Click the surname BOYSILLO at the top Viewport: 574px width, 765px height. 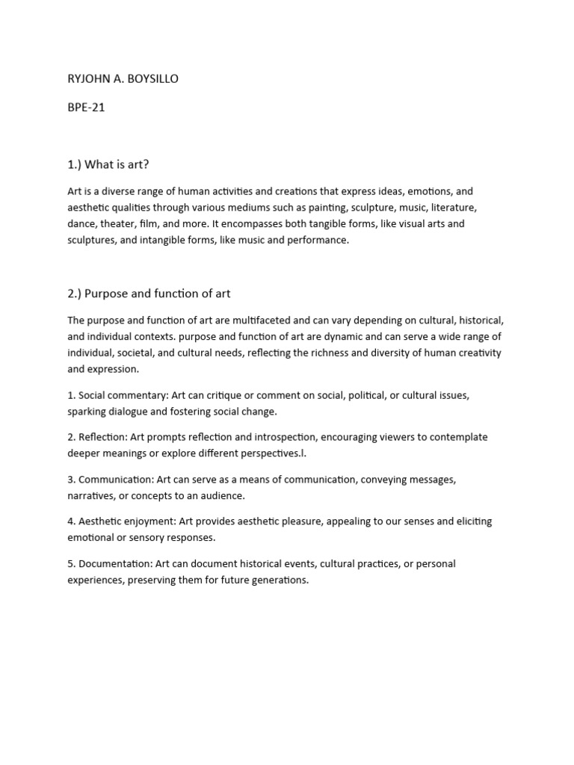coord(152,78)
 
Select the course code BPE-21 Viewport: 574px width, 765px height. coord(86,107)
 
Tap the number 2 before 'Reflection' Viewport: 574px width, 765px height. coord(70,437)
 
